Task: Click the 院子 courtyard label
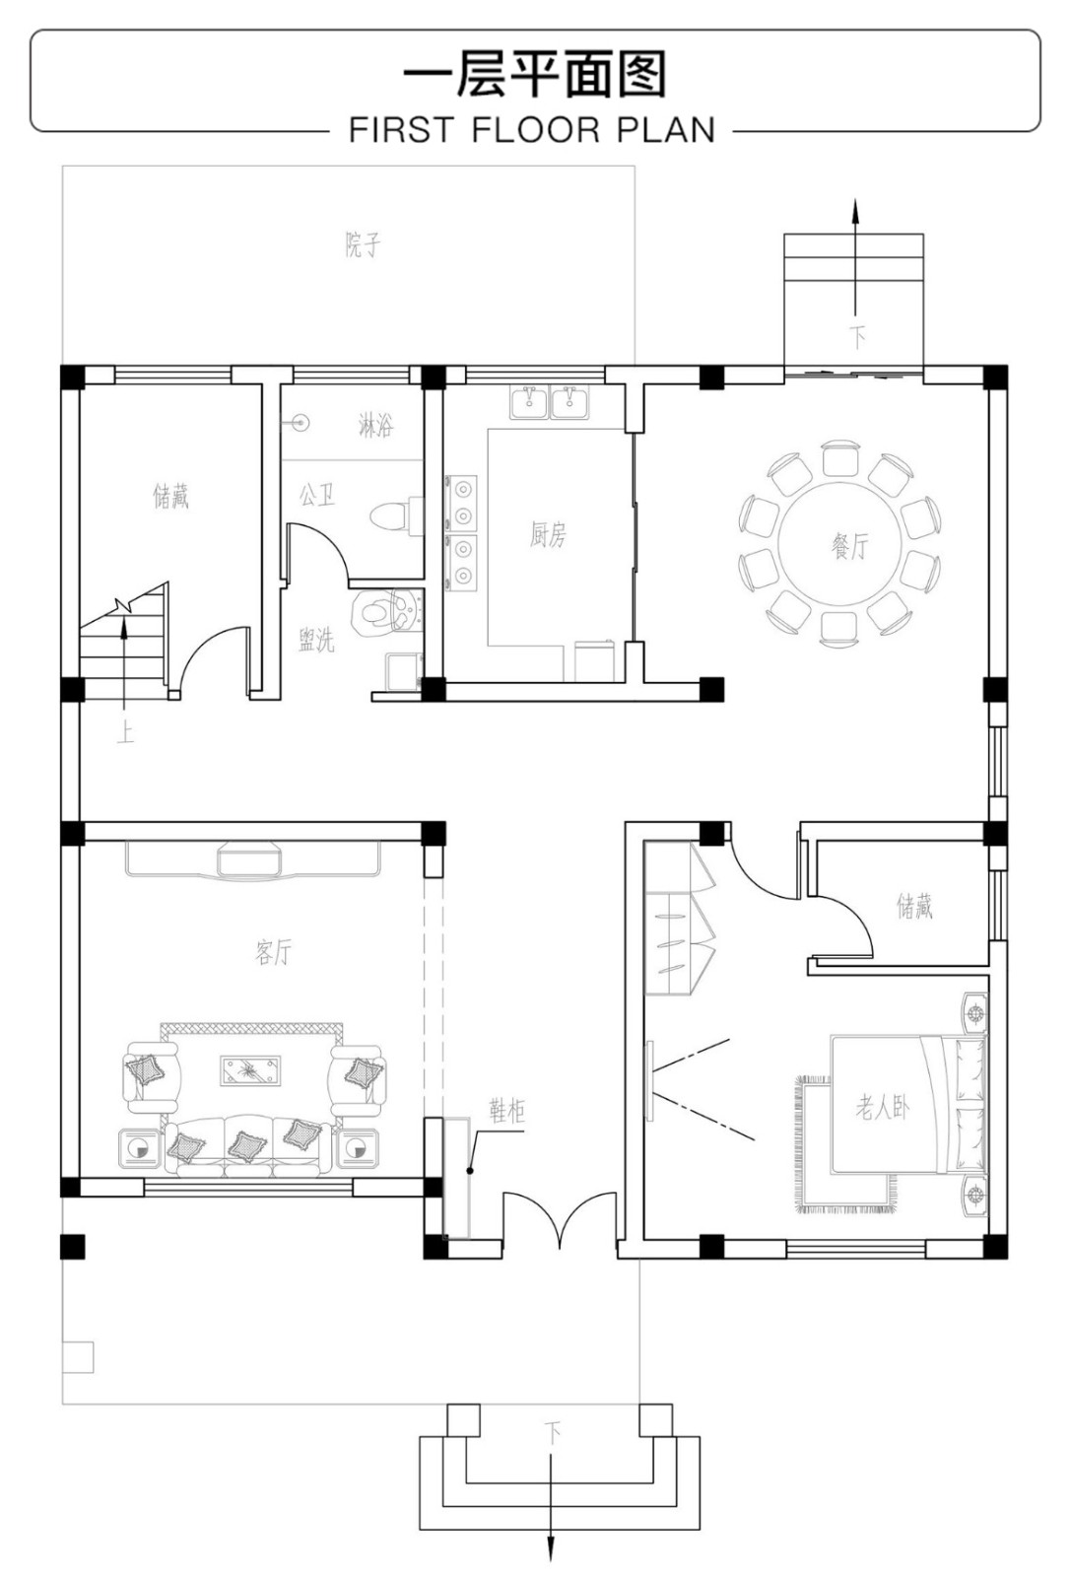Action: (363, 245)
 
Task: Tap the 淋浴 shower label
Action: (375, 425)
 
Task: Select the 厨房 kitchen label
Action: (548, 535)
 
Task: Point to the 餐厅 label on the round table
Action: (850, 546)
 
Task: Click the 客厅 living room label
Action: (273, 952)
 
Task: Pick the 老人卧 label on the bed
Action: (883, 1108)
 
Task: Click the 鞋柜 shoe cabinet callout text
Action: (507, 1112)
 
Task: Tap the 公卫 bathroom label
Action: (317, 494)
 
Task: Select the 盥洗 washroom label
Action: (316, 640)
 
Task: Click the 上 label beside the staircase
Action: (125, 733)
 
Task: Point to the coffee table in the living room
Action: (250, 1070)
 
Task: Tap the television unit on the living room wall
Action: (253, 858)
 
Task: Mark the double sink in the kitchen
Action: (550, 402)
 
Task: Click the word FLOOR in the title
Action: (536, 130)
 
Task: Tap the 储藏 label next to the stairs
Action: (171, 497)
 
